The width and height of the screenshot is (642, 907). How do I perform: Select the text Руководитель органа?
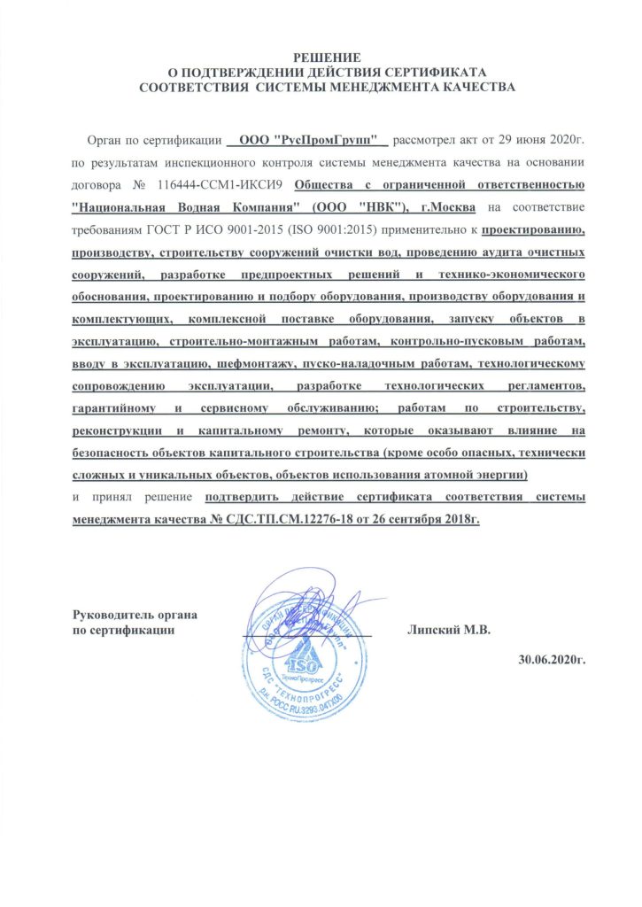[x=134, y=615]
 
